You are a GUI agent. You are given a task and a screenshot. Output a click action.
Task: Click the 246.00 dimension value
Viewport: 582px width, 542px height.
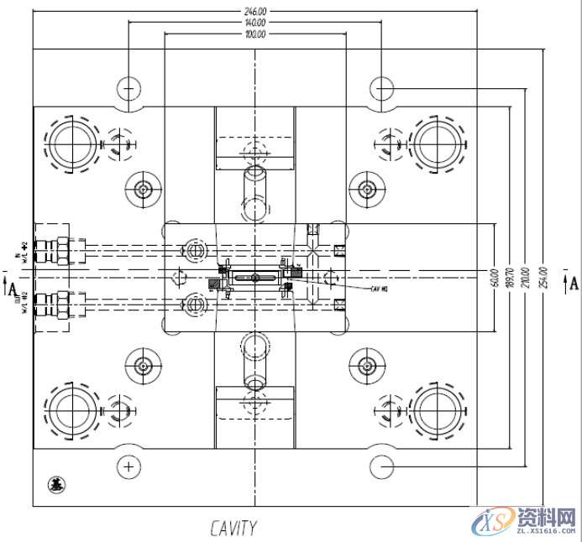(x=255, y=12)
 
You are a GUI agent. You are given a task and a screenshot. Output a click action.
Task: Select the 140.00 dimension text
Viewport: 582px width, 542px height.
(x=255, y=23)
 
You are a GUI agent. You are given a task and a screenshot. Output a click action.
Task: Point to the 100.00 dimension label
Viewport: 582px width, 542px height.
(x=255, y=35)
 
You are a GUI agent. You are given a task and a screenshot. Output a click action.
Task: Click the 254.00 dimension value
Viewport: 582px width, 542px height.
(x=543, y=278)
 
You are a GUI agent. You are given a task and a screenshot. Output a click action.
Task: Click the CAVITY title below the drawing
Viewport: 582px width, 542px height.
(x=233, y=528)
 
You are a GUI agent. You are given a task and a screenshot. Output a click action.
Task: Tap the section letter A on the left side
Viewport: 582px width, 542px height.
(x=12, y=289)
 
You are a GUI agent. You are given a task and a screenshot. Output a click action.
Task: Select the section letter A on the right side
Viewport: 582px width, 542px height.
(x=574, y=282)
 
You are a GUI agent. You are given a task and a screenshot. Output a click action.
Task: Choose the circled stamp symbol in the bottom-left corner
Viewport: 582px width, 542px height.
(x=55, y=484)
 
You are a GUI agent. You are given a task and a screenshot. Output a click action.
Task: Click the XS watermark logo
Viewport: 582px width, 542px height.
(x=495, y=523)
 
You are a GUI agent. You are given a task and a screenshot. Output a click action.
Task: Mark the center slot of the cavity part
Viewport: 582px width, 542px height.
(x=255, y=276)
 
